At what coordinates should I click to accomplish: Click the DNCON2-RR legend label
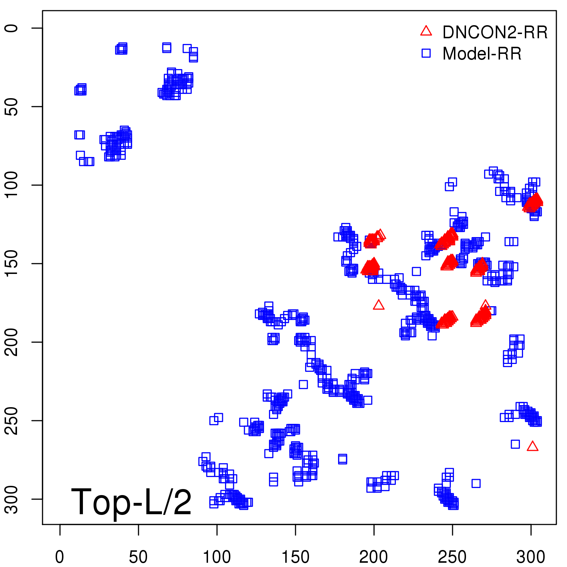[495, 32]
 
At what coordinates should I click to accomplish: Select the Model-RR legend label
[482, 54]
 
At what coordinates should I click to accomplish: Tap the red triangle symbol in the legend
[426, 31]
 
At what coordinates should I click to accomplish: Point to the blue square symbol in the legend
[426, 53]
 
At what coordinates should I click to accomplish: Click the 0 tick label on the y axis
[12, 28]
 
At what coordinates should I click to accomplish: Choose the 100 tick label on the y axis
[12, 185]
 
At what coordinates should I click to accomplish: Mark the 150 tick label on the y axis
[12, 264]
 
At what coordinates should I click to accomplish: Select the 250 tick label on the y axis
[12, 421]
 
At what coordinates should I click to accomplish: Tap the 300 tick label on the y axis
[12, 499]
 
